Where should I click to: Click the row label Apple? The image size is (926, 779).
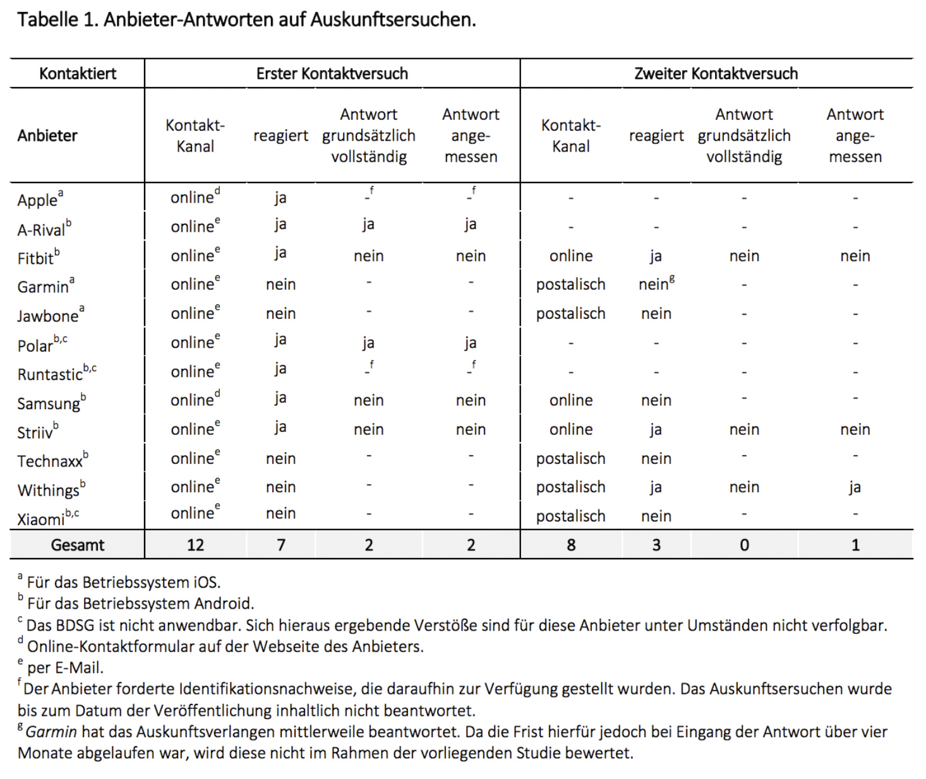37,200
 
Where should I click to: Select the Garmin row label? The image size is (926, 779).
43,287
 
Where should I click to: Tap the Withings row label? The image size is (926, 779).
48,490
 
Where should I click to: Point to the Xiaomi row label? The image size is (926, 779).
41,519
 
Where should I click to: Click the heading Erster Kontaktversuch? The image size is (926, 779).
332,74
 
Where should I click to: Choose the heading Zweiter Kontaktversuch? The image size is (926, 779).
716,74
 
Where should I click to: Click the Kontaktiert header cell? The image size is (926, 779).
78,74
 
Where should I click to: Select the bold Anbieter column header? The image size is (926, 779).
47,136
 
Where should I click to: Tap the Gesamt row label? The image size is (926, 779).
78,545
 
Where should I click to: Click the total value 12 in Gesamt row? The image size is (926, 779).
195,545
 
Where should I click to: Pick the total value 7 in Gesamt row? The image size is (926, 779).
281,545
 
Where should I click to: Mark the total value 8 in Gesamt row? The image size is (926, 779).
571,545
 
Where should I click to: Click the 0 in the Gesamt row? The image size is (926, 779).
744,545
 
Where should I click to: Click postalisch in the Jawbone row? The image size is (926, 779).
570,314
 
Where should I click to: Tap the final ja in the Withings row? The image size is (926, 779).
855,487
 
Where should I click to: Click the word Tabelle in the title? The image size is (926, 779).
48,20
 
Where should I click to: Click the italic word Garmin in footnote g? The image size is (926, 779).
51,732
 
